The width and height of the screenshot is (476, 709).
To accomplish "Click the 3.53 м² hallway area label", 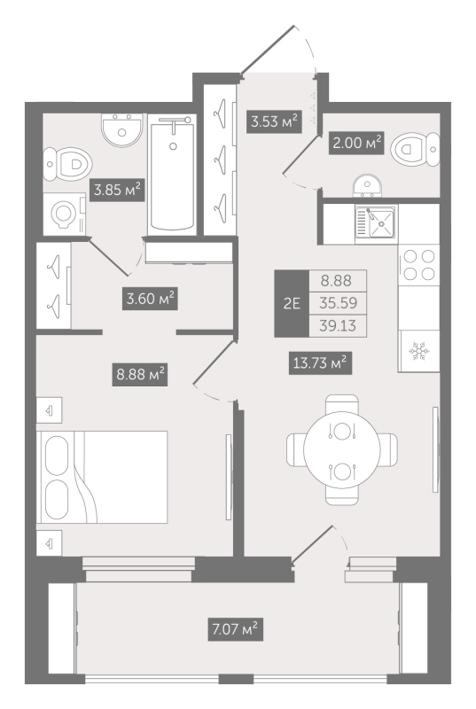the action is pos(274,121).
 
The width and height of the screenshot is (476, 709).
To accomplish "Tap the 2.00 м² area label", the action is pos(356,144).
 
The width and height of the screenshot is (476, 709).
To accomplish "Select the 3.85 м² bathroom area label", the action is pos(117,190).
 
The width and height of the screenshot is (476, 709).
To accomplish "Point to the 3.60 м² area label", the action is pos(150,299).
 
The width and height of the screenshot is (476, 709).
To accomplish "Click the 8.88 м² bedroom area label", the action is pos(140,374).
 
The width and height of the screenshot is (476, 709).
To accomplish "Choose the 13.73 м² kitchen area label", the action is pos(320,362).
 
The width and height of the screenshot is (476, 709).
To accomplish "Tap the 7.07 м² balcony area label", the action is pos(236,629).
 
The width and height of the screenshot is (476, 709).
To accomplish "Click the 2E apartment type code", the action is pos(292,303).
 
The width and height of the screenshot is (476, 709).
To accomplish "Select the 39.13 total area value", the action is pos(338,325).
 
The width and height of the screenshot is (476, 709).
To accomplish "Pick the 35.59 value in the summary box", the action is pos(338,303).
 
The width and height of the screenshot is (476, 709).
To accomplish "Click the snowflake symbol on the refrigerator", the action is pos(418,351).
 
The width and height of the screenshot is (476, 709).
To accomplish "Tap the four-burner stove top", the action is pos(419,265).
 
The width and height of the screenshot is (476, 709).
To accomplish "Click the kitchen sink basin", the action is pos(382,222).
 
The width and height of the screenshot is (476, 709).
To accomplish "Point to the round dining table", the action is pos(342,450).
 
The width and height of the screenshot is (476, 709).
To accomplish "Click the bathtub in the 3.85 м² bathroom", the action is pos(172,175).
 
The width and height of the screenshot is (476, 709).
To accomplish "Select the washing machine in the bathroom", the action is pos(64,214).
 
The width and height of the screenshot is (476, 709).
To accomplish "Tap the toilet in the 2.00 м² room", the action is pos(415,149).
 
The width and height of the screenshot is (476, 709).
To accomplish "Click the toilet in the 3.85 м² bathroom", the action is pos(67,164).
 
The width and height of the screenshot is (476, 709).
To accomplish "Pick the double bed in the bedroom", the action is pos(102,477).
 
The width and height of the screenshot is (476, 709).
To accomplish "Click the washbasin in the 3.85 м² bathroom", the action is pos(121,130).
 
